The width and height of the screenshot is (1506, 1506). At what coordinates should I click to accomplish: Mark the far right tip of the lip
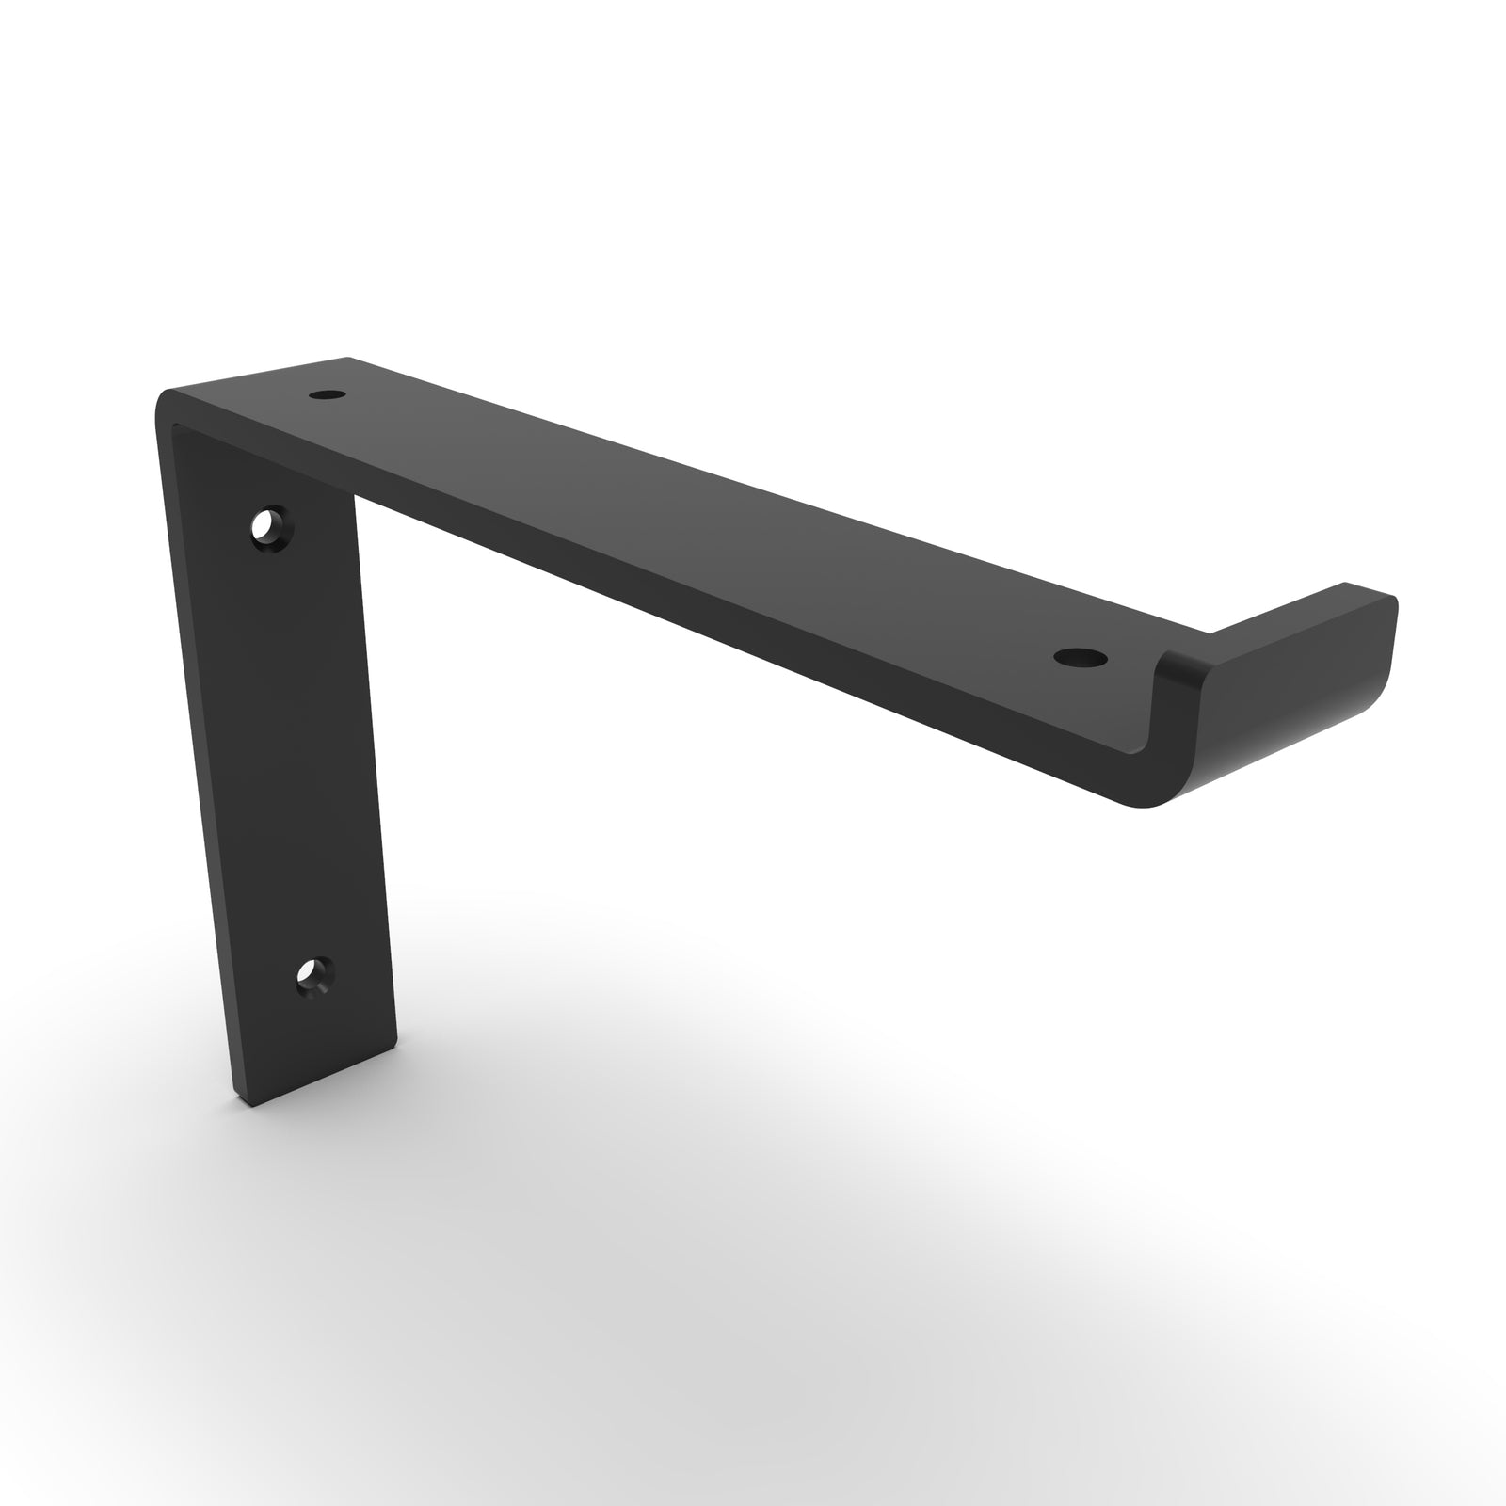click(1394, 602)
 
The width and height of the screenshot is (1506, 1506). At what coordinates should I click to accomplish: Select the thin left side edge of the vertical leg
click(193, 753)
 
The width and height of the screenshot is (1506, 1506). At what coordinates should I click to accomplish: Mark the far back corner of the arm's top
click(349, 359)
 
